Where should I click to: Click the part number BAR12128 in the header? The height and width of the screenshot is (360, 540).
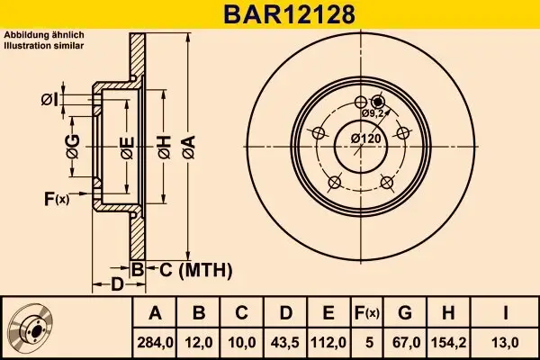point(269,14)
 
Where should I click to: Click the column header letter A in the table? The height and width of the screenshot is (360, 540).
point(154,312)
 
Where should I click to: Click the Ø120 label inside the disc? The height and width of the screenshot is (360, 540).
point(364,138)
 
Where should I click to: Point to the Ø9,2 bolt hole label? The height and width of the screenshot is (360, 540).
point(373,114)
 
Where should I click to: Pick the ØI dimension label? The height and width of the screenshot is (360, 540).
point(50,99)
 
